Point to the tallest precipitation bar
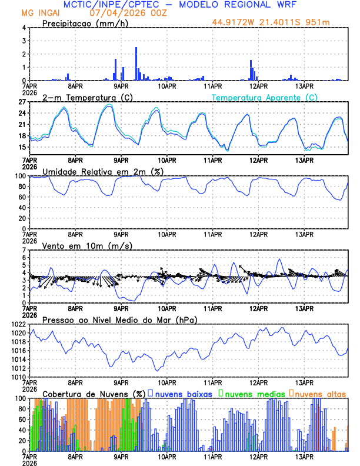[x=136, y=64]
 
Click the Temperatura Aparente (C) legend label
[x=265, y=97]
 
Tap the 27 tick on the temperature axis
[x=22, y=102]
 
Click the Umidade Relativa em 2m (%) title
[x=98, y=171]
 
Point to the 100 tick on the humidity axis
[x=21, y=176]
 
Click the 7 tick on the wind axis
[x=24, y=250]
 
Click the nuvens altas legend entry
[x=318, y=394]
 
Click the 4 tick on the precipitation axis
[x=24, y=28]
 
